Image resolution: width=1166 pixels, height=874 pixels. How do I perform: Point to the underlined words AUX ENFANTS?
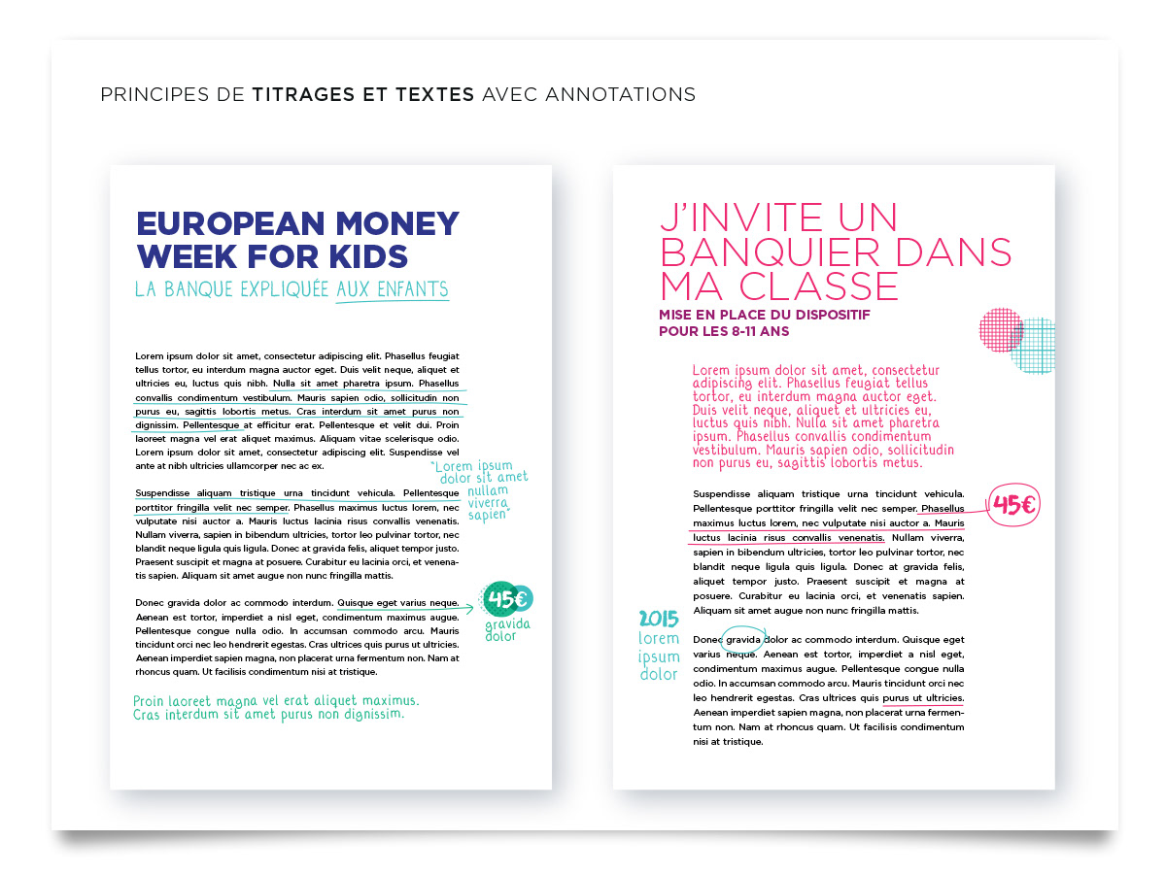[393, 289]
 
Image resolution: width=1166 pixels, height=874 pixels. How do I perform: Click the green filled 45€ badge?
[506, 599]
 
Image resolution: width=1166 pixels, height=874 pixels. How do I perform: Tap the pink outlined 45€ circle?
[1013, 505]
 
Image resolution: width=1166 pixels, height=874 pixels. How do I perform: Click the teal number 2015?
[659, 619]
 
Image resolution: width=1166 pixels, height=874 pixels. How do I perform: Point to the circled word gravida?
[743, 640]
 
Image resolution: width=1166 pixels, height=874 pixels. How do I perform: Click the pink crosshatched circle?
[1001, 329]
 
